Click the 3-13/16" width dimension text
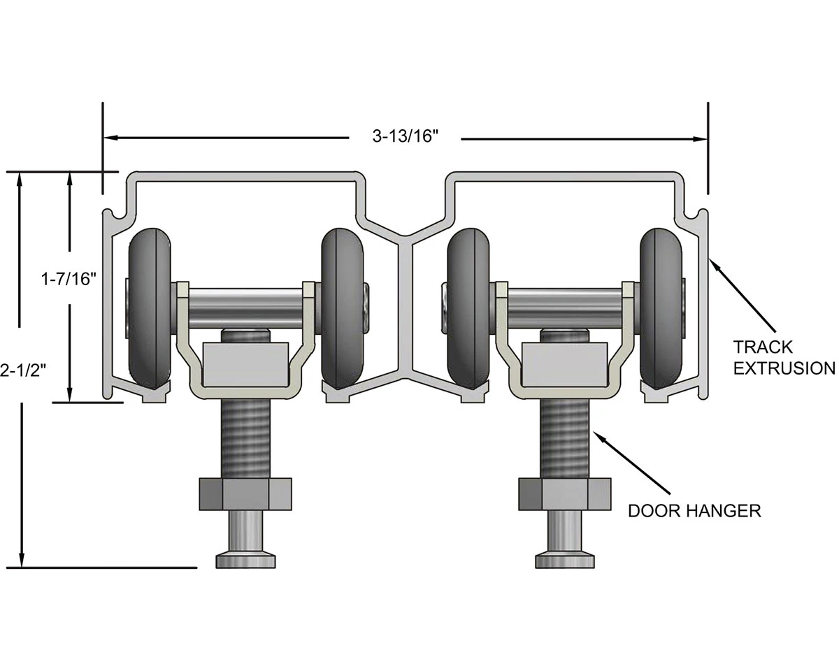405,137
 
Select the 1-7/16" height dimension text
68,280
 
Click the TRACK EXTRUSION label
782,357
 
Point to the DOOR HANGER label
694,511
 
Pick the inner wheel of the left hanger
342,308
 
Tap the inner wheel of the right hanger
468,308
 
